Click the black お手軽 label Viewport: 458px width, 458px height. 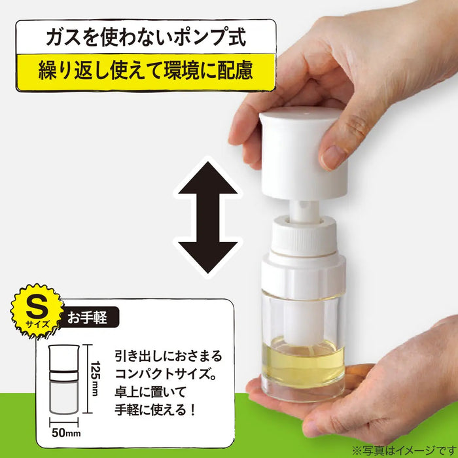[90, 319]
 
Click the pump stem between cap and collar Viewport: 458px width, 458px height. [302, 209]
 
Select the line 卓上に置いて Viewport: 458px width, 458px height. [156, 395]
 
